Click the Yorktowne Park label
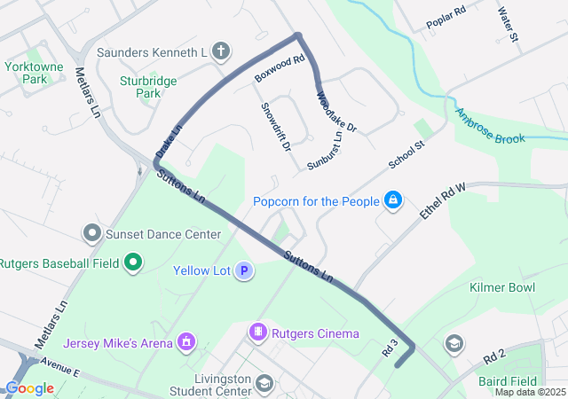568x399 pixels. point(36,73)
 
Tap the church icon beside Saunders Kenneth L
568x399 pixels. point(221,52)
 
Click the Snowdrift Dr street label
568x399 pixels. point(276,126)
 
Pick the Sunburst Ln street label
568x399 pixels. point(325,151)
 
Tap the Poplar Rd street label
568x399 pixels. point(446,19)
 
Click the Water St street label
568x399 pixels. point(508,28)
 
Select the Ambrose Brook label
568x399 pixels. point(490,127)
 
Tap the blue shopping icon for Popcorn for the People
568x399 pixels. point(391,201)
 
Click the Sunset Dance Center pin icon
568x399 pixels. point(92,234)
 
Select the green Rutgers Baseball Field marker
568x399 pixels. point(133,262)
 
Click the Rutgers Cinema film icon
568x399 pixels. point(257,333)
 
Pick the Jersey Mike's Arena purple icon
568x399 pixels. point(186,341)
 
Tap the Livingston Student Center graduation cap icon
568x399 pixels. point(264,383)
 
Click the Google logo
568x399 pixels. point(29,388)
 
